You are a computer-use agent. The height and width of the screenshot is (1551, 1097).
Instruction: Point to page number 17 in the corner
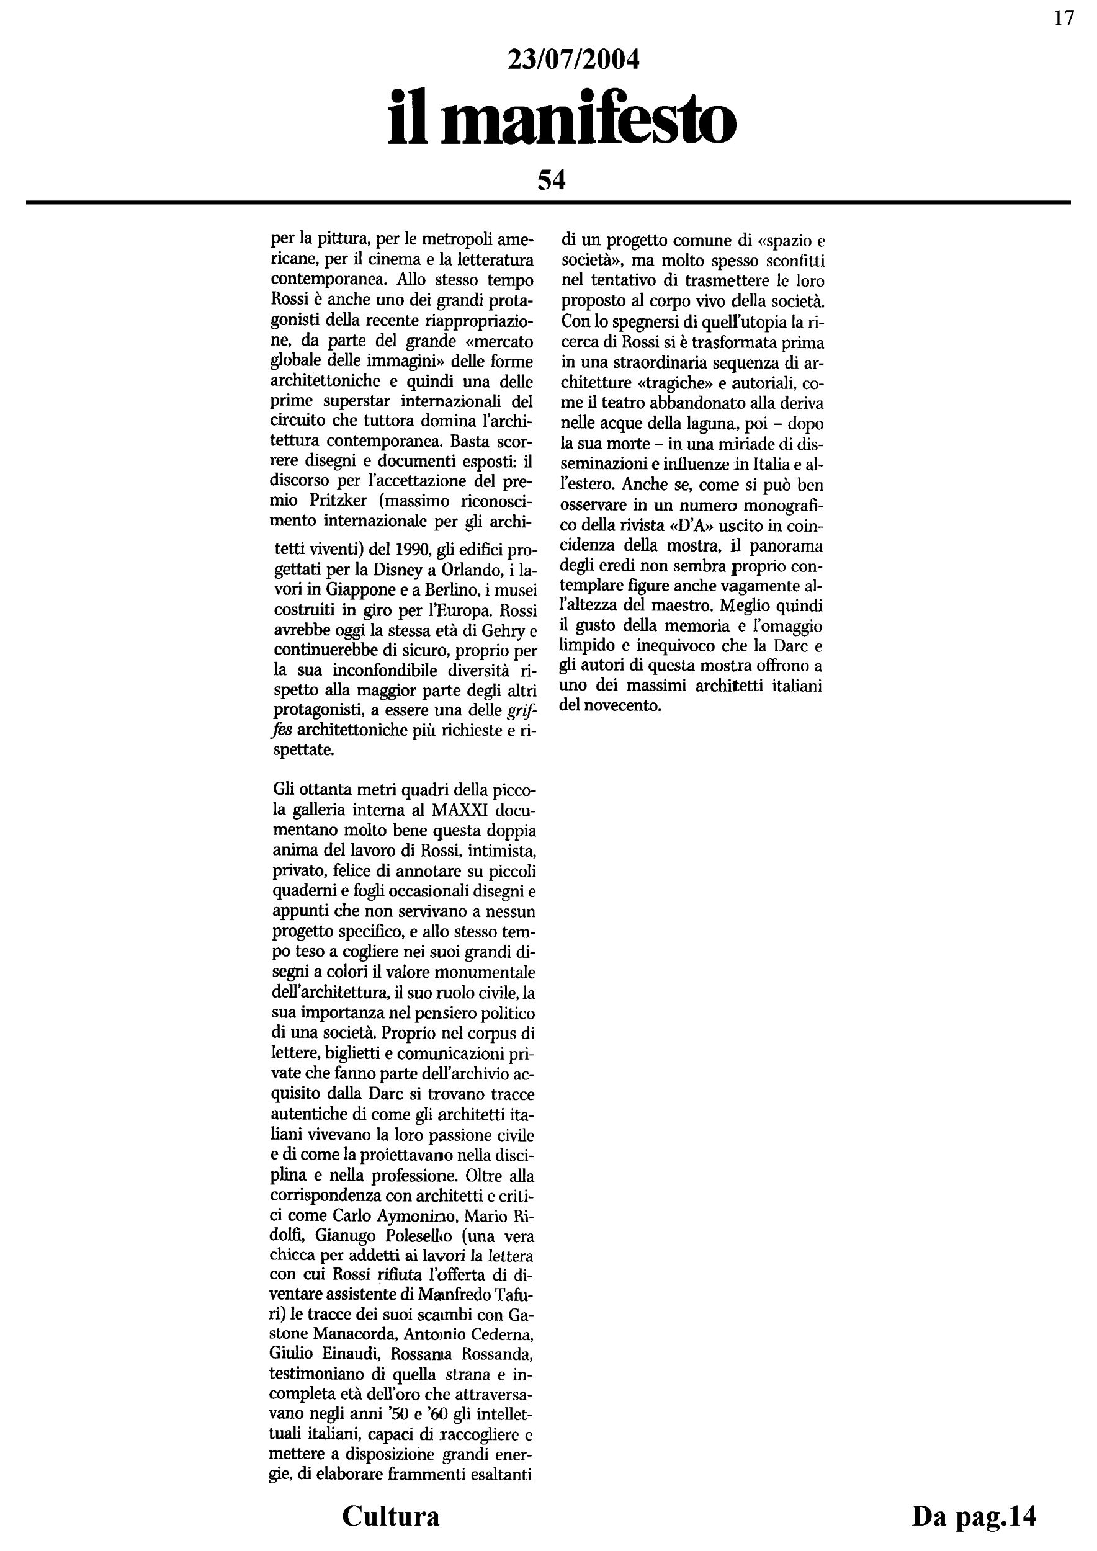tap(1064, 18)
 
